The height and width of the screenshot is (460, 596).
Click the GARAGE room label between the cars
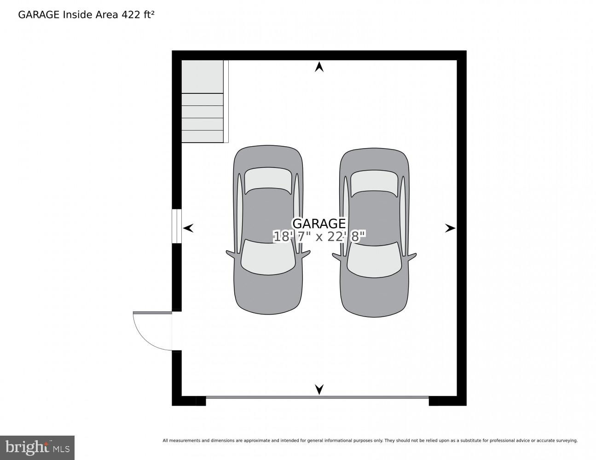(319, 224)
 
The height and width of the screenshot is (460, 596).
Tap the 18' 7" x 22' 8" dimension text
(319, 236)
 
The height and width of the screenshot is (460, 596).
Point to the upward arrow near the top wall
(319, 67)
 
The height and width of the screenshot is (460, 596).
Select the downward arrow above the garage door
(319, 390)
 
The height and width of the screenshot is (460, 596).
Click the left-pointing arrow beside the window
(188, 228)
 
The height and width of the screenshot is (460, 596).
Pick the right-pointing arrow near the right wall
(450, 228)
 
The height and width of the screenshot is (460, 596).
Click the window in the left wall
(177, 226)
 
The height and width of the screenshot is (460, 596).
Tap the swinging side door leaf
(152, 312)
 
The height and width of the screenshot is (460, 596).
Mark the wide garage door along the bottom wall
(318, 397)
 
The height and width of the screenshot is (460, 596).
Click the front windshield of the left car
(268, 258)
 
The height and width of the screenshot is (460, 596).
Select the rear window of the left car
(268, 181)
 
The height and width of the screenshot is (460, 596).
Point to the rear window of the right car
(374, 184)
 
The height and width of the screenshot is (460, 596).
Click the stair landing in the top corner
(202, 77)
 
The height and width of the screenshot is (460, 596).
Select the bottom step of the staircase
(202, 137)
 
